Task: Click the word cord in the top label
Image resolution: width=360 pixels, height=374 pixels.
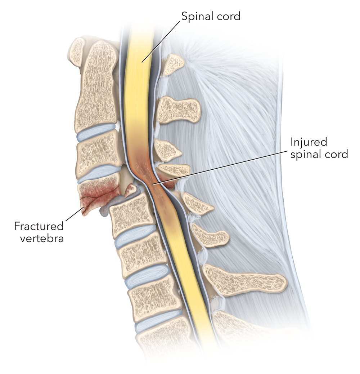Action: (x=229, y=16)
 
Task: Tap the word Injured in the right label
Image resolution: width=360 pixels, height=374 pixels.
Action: (x=309, y=142)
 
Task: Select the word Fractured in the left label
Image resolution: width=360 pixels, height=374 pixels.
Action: (x=39, y=226)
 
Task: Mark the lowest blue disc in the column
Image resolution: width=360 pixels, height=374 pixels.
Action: (x=158, y=324)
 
